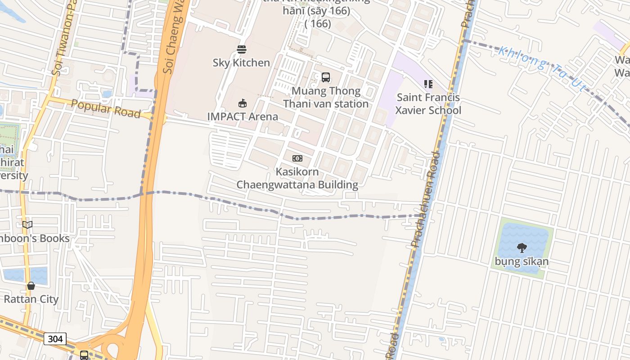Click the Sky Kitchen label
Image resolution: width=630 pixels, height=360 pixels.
[241, 63]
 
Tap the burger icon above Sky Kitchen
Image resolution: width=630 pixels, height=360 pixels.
[242, 49]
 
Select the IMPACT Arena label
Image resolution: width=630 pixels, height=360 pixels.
[243, 117]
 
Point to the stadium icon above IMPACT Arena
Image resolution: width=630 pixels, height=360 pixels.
[243, 103]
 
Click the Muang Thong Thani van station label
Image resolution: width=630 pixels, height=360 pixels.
[326, 97]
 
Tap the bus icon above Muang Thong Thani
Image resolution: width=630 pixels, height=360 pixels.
[326, 77]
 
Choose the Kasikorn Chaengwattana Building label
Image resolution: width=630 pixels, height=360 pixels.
[297, 178]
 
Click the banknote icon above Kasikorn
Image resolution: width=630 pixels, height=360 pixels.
[297, 158]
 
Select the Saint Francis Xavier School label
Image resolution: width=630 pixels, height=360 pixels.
[428, 104]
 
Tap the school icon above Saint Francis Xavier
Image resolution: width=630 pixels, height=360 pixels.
[428, 84]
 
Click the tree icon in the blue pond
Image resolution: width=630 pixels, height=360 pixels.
[522, 247]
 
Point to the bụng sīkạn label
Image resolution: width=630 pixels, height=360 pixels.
[522, 261]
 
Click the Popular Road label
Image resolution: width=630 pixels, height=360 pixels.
[106, 108]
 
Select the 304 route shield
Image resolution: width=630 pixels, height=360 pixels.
[55, 339]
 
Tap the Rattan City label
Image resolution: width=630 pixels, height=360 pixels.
[31, 299]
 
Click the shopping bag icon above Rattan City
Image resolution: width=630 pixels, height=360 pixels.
[31, 286]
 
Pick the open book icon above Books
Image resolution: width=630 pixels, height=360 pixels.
[27, 225]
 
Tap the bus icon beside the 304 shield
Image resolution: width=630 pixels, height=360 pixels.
[84, 355]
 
